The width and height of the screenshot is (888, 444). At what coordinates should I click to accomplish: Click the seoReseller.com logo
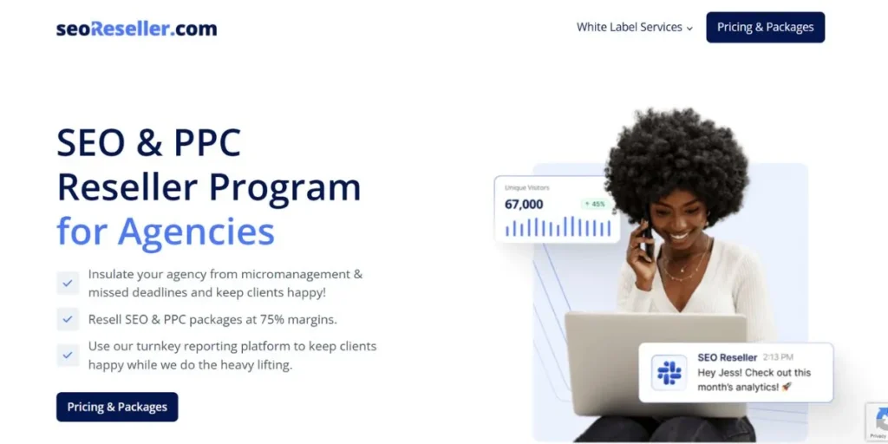[136, 28]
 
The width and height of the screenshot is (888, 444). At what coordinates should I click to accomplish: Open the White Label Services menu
[635, 27]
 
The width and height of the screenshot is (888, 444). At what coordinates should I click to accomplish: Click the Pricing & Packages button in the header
[765, 27]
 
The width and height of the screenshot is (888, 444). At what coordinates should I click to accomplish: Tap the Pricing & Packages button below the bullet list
[117, 407]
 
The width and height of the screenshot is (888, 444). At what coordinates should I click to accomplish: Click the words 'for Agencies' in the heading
[166, 231]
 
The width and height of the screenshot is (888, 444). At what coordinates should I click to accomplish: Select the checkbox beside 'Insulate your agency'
[68, 283]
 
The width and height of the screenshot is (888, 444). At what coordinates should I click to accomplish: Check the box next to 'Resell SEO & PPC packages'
[68, 319]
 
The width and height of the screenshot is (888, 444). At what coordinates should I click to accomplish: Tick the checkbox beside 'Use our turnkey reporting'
[68, 355]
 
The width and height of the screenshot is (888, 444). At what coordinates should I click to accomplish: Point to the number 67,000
[524, 205]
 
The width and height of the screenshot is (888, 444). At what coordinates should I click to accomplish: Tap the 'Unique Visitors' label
[527, 187]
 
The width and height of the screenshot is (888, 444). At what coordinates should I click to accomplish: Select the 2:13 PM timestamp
[778, 357]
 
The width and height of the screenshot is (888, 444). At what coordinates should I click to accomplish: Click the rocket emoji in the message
[787, 387]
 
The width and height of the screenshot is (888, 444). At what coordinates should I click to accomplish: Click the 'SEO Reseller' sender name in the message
[727, 357]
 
